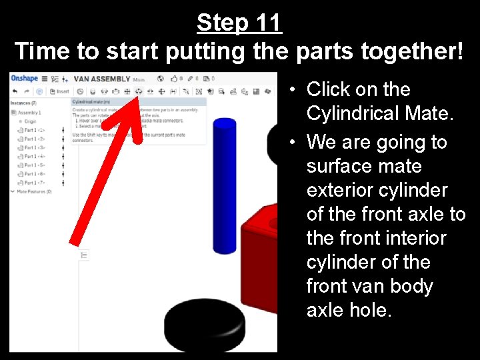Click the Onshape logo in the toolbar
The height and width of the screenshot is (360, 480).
pos(25,79)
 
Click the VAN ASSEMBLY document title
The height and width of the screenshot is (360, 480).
pos(101,79)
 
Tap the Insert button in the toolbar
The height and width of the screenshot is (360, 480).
pos(60,91)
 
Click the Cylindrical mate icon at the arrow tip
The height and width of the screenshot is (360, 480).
pos(139,91)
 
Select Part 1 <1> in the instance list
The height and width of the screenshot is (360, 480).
pos(34,130)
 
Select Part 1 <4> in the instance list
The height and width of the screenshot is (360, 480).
pos(34,156)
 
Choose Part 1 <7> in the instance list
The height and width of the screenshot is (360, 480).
pos(34,182)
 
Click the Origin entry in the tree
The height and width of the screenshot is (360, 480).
pos(31,121)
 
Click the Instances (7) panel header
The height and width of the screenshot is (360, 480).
pos(24,103)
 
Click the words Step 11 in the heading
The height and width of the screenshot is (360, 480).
pos(239,23)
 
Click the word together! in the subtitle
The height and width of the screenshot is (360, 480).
pos(405,51)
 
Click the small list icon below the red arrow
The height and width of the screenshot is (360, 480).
pos(84,255)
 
